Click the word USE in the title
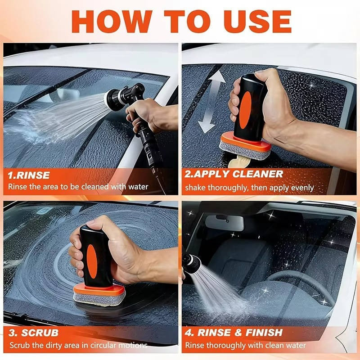[252, 20]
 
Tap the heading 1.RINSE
[30, 174]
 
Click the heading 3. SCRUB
[34, 333]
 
